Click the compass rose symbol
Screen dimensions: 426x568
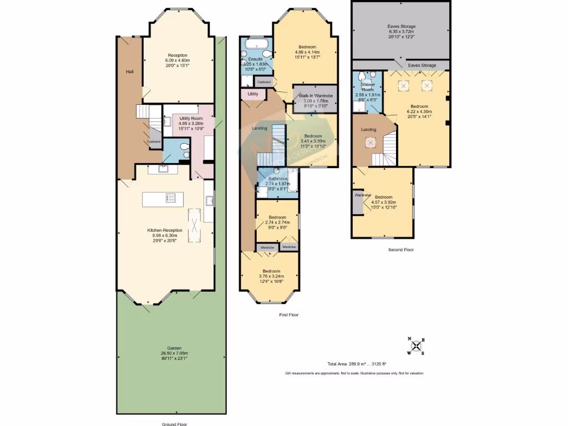tap(416, 346)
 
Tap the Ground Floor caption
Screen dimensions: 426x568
tap(175, 424)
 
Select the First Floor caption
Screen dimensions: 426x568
tap(288, 315)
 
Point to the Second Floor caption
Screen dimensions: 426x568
tap(400, 250)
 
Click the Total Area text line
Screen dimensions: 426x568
tap(357, 364)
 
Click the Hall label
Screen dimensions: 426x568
tap(129, 72)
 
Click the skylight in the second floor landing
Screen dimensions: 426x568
tap(369, 143)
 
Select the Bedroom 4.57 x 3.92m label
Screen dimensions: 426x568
tap(383, 200)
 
